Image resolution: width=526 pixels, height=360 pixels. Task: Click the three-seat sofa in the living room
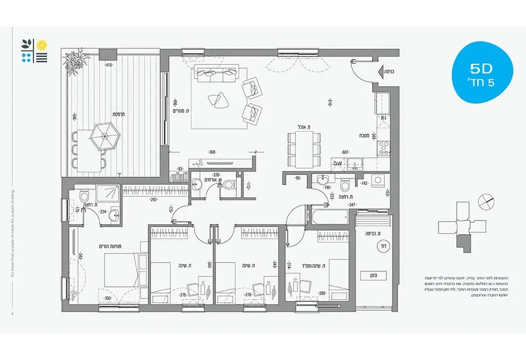click(x=215, y=71)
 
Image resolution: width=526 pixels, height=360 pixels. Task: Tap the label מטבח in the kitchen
click(x=364, y=135)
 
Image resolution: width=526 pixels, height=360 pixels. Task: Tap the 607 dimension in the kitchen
click(x=345, y=152)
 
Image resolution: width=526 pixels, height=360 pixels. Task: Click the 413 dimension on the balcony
click(x=109, y=65)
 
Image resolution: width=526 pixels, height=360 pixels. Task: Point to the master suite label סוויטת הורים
click(x=102, y=246)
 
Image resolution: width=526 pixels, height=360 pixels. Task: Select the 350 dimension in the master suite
click(x=109, y=299)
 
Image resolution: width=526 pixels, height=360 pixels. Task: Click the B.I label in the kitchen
click(x=383, y=118)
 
